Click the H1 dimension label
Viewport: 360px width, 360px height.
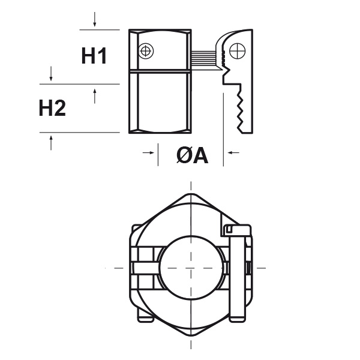click(x=94, y=56)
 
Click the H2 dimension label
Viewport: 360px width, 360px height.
click(x=52, y=107)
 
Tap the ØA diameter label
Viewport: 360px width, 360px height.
click(x=193, y=155)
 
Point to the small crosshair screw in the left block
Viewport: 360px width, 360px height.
click(x=146, y=51)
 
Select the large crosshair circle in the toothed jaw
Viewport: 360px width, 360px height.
click(x=238, y=51)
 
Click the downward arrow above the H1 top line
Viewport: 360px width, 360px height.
click(x=95, y=19)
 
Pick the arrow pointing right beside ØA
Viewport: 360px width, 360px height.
click(x=148, y=152)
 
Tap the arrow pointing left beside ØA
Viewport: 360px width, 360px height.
click(x=233, y=152)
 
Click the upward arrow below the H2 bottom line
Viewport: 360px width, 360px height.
click(x=51, y=143)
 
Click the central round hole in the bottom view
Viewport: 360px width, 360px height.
click(x=191, y=268)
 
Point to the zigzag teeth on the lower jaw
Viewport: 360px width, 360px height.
click(x=239, y=111)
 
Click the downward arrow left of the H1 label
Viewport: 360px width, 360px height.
click(x=51, y=73)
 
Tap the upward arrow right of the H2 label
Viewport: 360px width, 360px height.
click(x=95, y=96)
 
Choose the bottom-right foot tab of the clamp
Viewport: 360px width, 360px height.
click(x=237, y=319)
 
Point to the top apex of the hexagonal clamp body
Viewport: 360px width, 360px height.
click(x=191, y=194)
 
